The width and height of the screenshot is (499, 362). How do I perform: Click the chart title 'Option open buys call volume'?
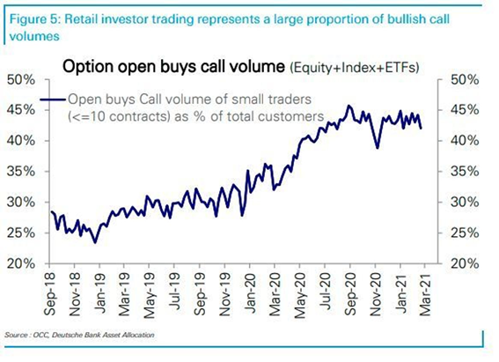pyautogui.click(x=173, y=67)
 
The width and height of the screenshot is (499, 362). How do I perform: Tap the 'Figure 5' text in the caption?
pyautogui.click(x=34, y=19)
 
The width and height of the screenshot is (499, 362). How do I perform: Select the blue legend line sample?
pyautogui.click(x=53, y=100)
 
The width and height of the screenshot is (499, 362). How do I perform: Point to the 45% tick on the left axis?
pyautogui.click(x=47, y=110)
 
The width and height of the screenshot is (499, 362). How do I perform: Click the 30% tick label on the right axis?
pyautogui.click(x=465, y=202)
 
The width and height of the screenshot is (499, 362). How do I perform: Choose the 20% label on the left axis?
pyautogui.click(x=21, y=263)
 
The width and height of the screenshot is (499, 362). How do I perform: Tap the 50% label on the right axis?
pyautogui.click(x=465, y=79)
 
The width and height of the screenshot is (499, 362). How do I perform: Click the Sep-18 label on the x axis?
pyautogui.click(x=50, y=294)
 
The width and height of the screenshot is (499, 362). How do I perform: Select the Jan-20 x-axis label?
pyautogui.click(x=250, y=294)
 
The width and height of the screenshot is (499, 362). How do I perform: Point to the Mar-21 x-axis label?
pyautogui.click(x=425, y=294)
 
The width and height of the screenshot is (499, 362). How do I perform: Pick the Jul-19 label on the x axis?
pyautogui.click(x=175, y=292)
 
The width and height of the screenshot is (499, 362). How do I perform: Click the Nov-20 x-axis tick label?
pyautogui.click(x=376, y=294)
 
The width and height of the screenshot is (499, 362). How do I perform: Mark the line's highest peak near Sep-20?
pyautogui.click(x=349, y=106)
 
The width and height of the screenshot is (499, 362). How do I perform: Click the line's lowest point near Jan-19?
pyautogui.click(x=95, y=242)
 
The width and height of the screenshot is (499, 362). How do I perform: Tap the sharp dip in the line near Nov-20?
pyautogui.click(x=378, y=148)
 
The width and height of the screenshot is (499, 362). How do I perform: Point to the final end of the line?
pyautogui.click(x=422, y=129)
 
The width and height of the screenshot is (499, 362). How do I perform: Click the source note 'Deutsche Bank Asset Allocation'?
pyautogui.click(x=103, y=335)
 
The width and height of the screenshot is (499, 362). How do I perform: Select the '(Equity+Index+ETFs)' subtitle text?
pyautogui.click(x=354, y=68)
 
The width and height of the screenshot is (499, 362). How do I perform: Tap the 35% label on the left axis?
pyautogui.click(x=21, y=171)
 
